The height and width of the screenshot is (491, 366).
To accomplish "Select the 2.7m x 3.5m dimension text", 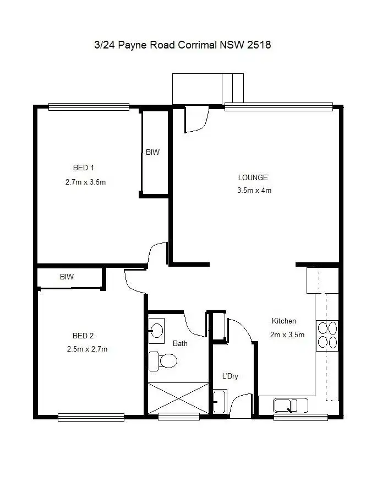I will pyautogui.click(x=85, y=182).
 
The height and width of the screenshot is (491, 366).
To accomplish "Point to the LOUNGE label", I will pyautogui.click(x=253, y=177).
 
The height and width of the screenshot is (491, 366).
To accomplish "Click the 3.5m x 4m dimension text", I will pyautogui.click(x=254, y=191).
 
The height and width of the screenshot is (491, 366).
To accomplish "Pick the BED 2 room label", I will pyautogui.click(x=84, y=336).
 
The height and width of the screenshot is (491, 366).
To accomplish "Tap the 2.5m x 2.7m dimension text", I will pyautogui.click(x=87, y=349).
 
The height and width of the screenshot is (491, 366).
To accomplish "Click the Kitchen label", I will pyautogui.click(x=284, y=321).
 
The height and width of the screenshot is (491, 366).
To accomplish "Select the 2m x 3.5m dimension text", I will pyautogui.click(x=287, y=334).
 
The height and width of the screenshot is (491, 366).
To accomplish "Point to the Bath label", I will pyautogui.click(x=180, y=343).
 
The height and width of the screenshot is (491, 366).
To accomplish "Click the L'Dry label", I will pyautogui.click(x=230, y=376).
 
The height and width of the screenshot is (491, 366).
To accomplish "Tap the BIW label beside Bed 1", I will pyautogui.click(x=152, y=152).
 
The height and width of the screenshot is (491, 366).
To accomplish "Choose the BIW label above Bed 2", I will pyautogui.click(x=67, y=277).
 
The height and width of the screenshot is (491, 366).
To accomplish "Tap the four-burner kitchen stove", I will pyautogui.click(x=327, y=336).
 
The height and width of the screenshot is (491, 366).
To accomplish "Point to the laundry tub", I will pyautogui.click(x=220, y=401).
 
